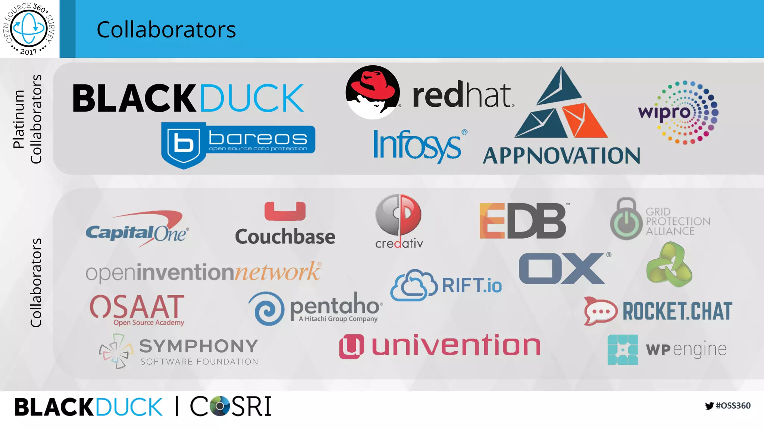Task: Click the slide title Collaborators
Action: click(x=166, y=29)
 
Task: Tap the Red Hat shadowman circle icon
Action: click(x=372, y=92)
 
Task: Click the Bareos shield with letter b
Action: click(x=184, y=144)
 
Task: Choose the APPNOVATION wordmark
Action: click(x=561, y=156)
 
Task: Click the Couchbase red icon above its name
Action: click(x=285, y=211)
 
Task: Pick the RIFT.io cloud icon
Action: click(x=414, y=286)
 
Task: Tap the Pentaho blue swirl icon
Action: click(x=267, y=309)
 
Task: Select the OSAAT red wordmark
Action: click(x=137, y=306)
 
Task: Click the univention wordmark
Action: click(x=456, y=346)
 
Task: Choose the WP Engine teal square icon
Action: click(x=623, y=350)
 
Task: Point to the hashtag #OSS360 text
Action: click(x=733, y=406)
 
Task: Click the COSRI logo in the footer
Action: click(x=231, y=406)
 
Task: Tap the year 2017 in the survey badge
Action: click(x=28, y=52)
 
